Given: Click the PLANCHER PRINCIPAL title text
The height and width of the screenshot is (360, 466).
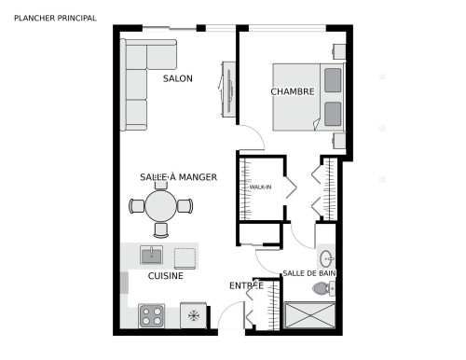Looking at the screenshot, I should click(55, 17).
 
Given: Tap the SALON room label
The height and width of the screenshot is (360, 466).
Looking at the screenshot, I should click(177, 79).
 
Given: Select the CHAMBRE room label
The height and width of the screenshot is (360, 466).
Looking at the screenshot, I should click(292, 91).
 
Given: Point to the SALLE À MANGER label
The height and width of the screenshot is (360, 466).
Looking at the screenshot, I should click(179, 177).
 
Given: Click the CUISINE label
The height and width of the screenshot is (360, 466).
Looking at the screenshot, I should click(165, 276).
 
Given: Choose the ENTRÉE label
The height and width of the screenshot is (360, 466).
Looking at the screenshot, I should click(246, 285).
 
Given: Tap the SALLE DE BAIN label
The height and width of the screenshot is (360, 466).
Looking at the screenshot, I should click(309, 273).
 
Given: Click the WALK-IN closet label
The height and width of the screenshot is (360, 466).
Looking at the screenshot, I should click(260, 187).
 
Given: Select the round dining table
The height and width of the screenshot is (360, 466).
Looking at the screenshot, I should click(161, 205).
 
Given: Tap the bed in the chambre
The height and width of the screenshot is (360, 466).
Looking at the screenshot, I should click(308, 96).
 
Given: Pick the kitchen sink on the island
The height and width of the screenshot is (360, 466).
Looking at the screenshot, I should click(151, 255).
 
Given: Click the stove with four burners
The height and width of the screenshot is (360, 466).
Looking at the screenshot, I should click(151, 316).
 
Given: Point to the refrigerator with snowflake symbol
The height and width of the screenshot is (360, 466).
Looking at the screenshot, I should click(194, 316).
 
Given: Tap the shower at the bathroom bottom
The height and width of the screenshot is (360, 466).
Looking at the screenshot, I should click(310, 315).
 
